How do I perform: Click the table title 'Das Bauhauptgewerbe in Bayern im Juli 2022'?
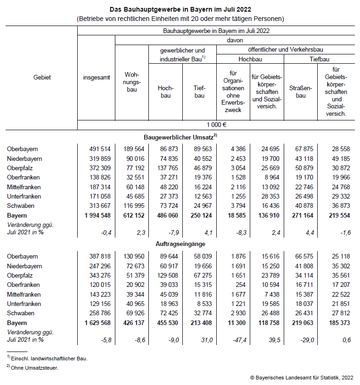tap(180, 9)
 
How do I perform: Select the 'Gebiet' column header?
tap(42, 77)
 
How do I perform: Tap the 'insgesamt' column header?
tap(96, 77)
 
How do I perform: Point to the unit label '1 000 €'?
tap(217, 125)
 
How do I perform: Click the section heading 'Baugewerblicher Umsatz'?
tap(180, 137)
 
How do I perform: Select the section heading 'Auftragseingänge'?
tap(180, 244)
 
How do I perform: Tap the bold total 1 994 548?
tap(97, 216)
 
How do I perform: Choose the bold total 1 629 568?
tap(97, 323)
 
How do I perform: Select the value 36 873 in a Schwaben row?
tap(338, 206)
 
